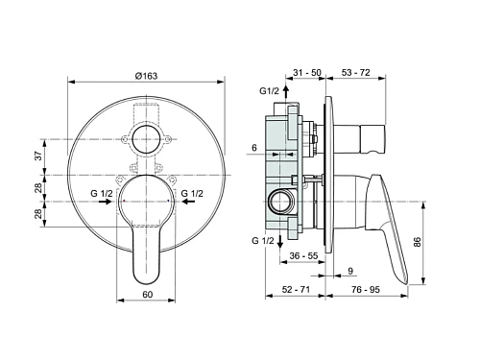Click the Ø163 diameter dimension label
pos(146,76)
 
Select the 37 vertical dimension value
pos(38,156)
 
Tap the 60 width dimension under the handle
pos(148,294)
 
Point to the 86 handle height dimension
pos(417,242)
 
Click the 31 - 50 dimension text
pos(307,72)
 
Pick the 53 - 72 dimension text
pos(356,72)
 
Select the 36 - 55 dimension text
pos(303,255)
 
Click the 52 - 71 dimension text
pos(296,289)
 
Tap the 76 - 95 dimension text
pos(366,289)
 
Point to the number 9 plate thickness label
pos(350,271)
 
